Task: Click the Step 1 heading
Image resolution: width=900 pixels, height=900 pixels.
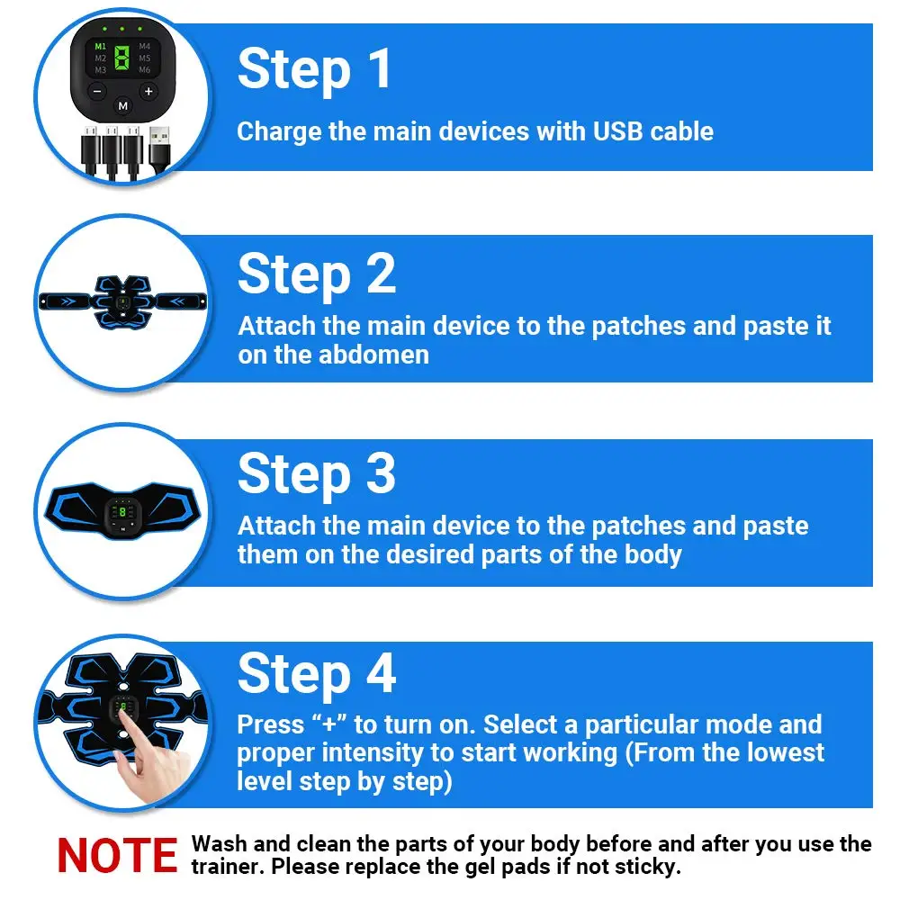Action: pos(315,70)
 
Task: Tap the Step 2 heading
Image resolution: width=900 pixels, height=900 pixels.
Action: pos(317,274)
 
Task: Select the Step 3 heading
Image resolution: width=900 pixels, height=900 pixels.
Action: pos(317,474)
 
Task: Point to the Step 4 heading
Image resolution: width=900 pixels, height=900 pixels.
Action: pos(317,674)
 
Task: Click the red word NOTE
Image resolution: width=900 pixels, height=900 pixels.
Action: pos(118,856)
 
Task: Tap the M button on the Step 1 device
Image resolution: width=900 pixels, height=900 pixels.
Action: pos(123,106)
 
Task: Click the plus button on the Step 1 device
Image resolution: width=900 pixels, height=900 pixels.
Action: pos(148,91)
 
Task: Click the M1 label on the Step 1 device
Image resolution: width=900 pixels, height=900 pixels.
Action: pos(100,46)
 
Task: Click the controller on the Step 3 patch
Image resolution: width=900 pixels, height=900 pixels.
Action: pos(122,514)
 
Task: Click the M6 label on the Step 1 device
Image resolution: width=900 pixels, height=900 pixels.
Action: pos(145,69)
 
